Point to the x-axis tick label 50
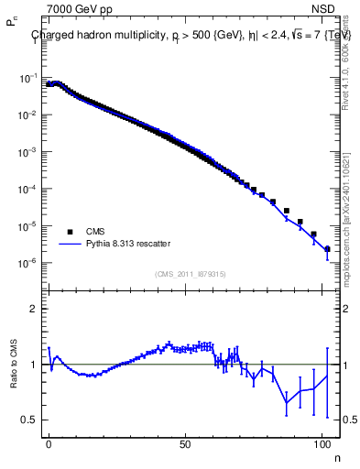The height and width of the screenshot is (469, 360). (185, 442)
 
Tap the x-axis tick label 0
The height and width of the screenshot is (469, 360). (49, 442)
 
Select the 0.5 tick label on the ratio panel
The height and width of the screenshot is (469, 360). (29, 420)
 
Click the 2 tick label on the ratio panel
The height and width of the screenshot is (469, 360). (33, 309)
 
